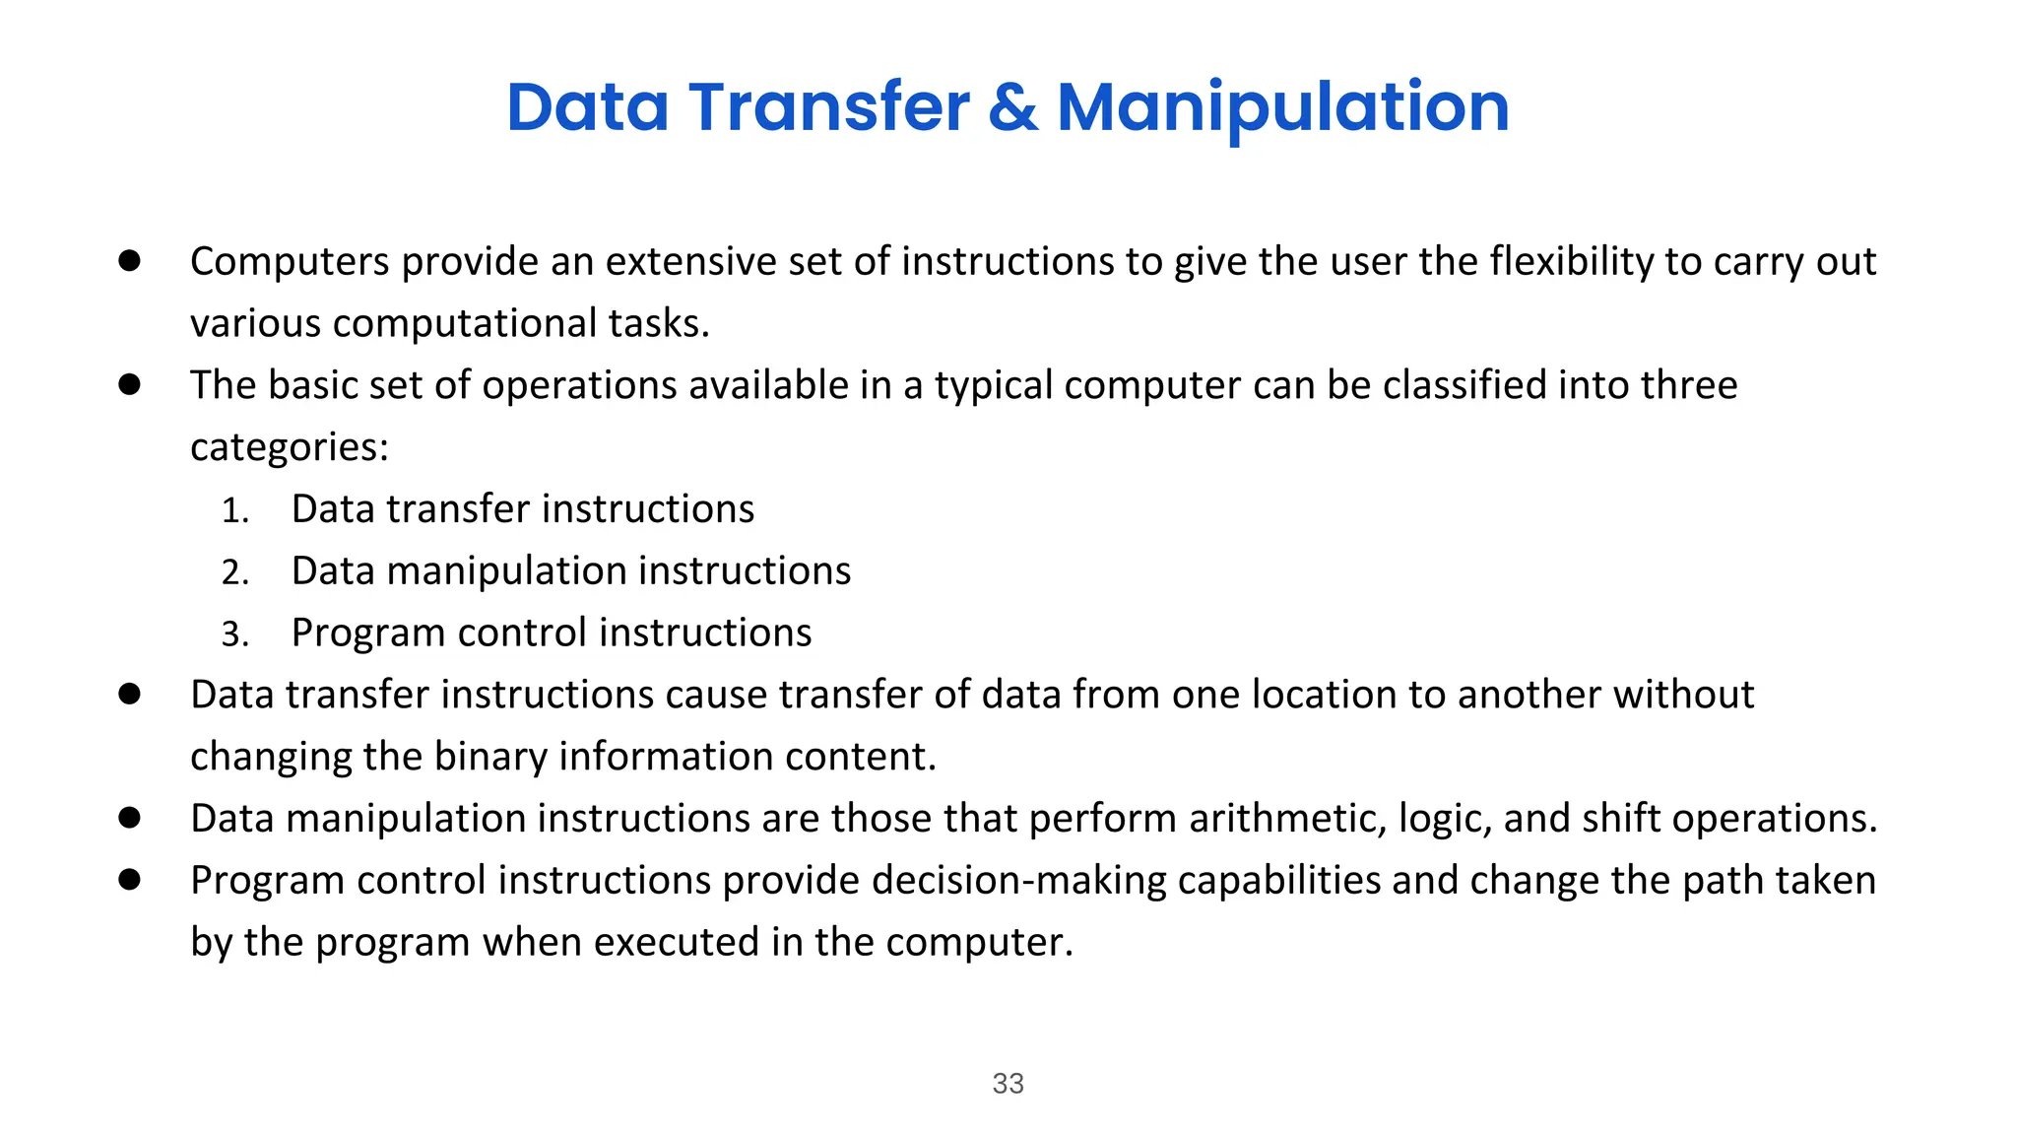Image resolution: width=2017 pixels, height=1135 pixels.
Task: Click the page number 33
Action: tap(1008, 1083)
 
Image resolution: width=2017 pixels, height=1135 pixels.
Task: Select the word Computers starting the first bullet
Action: tap(290, 262)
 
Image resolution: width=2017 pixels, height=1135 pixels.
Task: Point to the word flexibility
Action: tap(1571, 262)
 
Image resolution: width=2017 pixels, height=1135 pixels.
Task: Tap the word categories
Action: tap(289, 448)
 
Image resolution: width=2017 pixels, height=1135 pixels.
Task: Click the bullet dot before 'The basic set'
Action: tap(129, 384)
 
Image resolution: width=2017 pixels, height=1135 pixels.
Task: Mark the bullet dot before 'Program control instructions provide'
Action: tap(129, 879)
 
